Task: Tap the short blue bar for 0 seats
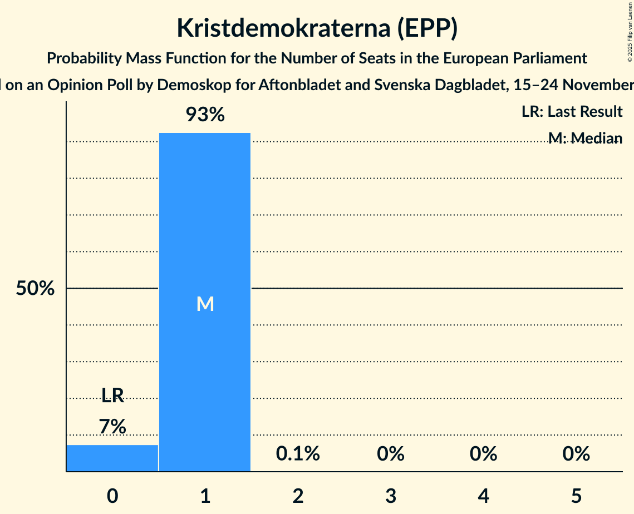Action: coord(112,458)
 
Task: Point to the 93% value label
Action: coord(205,115)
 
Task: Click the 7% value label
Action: coord(112,427)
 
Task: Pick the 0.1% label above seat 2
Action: coord(298,454)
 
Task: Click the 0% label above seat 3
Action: coord(390,454)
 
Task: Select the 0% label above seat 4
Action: coord(483,454)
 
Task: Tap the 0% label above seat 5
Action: coord(576,454)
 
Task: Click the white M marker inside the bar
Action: coord(205,304)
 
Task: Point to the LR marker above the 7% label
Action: coord(112,396)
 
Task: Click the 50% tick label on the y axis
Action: coord(35,289)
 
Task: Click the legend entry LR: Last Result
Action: coord(572,112)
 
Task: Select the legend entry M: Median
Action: coord(584,137)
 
